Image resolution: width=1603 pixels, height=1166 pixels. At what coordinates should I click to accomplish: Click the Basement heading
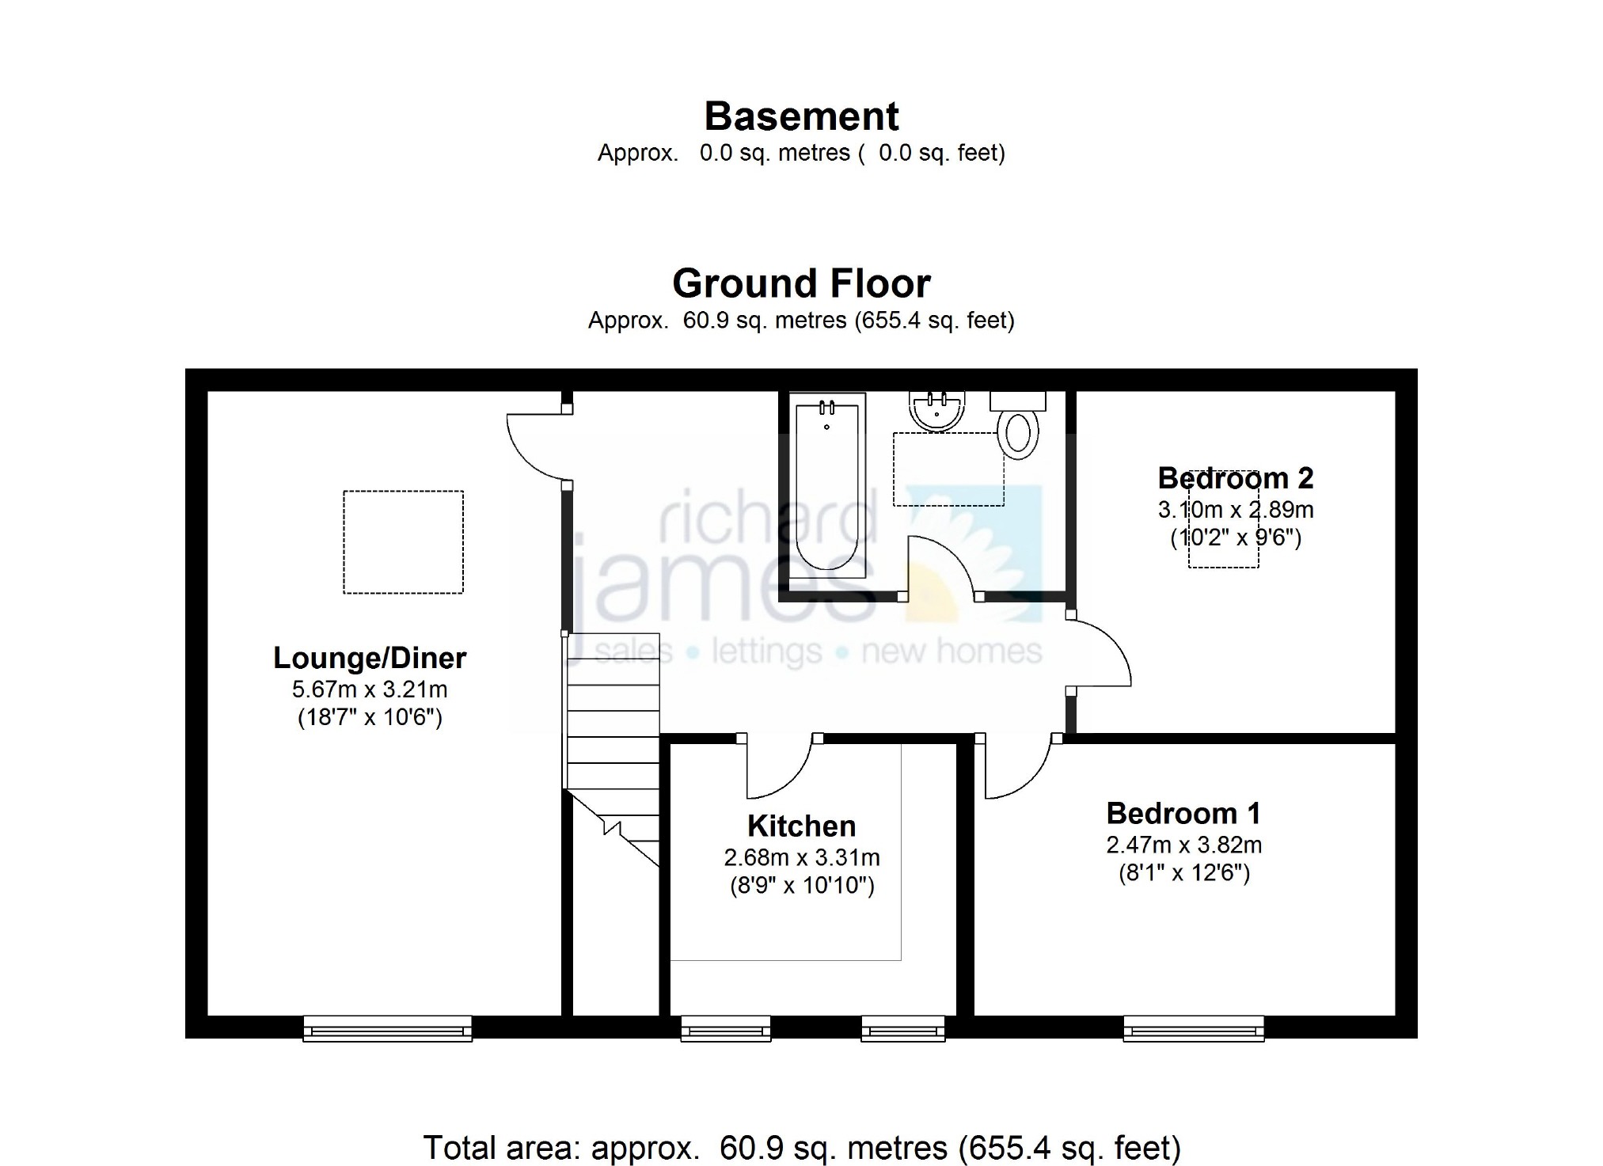801,116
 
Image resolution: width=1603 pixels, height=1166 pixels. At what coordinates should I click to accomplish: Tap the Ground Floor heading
801,283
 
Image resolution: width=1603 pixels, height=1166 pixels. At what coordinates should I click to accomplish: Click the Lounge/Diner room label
370,658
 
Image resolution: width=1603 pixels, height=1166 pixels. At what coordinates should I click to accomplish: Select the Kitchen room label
802,826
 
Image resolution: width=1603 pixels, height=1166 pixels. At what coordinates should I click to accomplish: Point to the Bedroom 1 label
1183,814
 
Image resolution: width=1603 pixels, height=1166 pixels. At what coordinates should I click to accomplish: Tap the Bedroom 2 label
1236,478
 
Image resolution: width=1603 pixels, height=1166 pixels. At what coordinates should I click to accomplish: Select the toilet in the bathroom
1019,425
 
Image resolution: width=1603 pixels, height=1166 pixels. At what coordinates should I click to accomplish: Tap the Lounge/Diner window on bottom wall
388,1028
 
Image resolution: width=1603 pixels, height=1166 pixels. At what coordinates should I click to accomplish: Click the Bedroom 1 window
1194,1028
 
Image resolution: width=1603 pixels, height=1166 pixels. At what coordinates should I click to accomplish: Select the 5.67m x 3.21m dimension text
370,689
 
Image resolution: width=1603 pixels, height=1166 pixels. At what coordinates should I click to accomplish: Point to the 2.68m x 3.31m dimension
802,857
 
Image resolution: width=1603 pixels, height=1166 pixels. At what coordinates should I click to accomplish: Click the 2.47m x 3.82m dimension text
1183,845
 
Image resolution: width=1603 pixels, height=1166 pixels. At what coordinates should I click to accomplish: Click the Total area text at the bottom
801,1147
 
